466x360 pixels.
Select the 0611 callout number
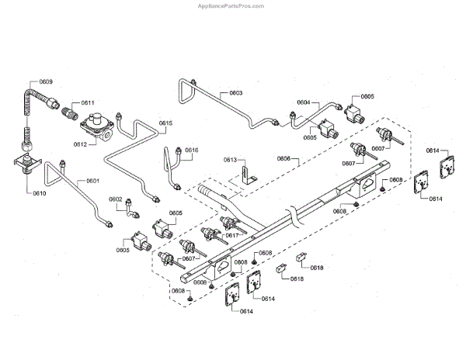pyautogui.click(x=87, y=102)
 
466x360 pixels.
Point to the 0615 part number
pyautogui.click(x=166, y=123)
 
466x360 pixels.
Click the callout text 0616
pyautogui.click(x=191, y=150)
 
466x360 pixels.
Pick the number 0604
pyautogui.click(x=303, y=102)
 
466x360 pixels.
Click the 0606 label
pyautogui.click(x=283, y=158)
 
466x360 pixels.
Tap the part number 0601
pyautogui.click(x=92, y=181)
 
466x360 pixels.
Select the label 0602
pyautogui.click(x=115, y=199)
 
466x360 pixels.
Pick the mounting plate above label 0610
pyautogui.click(x=27, y=165)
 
